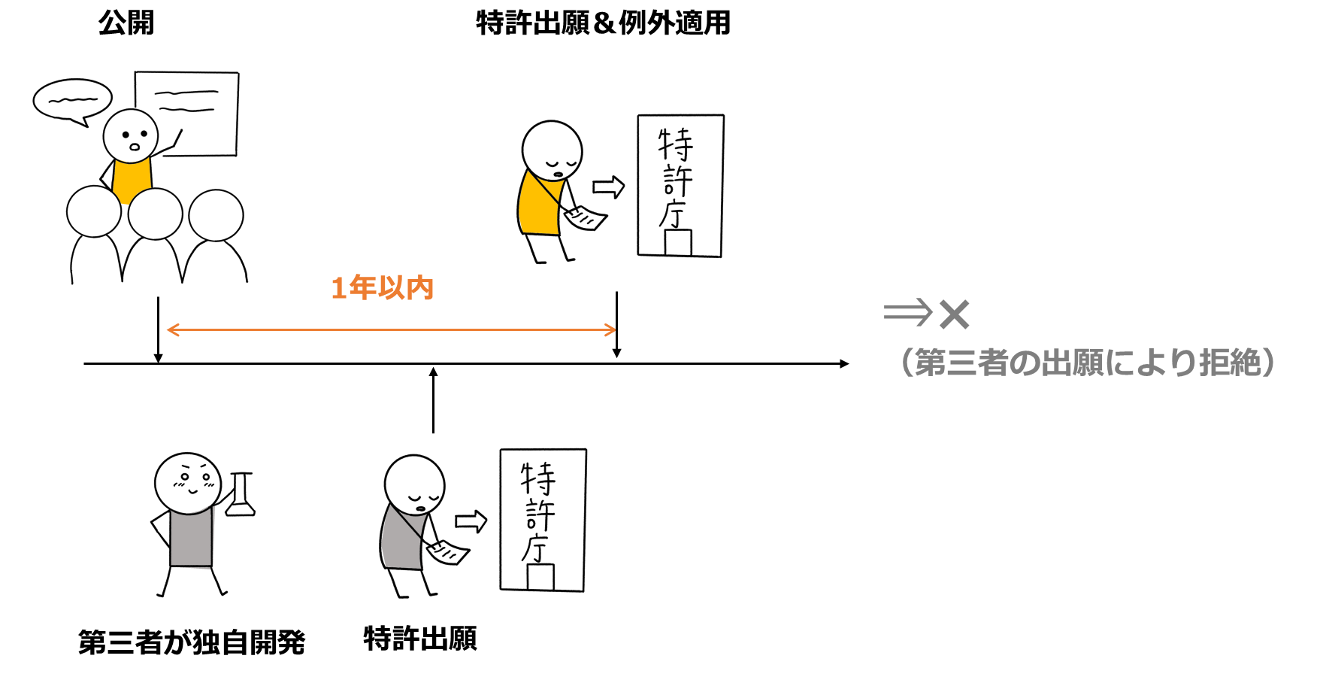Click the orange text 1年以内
coord(382,288)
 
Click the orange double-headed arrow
coord(391,329)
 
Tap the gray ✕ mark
coord(954,314)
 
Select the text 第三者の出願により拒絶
coord(1087,363)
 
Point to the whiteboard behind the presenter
coord(188,113)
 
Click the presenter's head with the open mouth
coord(131,135)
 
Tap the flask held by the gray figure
coord(241,496)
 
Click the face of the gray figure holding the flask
coord(188,482)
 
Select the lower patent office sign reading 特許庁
coord(543,520)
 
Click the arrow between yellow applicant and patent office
coord(608,187)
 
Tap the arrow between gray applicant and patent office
coord(471,521)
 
